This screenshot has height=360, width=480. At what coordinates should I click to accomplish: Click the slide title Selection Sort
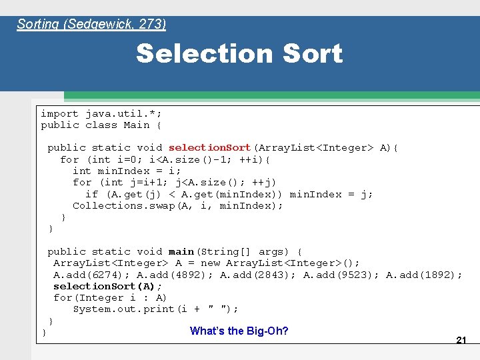pyautogui.click(x=239, y=54)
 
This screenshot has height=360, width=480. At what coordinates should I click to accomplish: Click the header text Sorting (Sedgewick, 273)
pyautogui.click(x=91, y=25)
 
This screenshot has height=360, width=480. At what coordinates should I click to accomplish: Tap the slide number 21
pyautogui.click(x=461, y=340)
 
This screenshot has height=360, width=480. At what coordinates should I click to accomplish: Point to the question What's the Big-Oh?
pyautogui.click(x=239, y=331)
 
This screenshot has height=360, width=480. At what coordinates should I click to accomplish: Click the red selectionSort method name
pyautogui.click(x=209, y=147)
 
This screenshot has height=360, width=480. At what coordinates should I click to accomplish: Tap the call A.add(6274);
pyautogui.click(x=92, y=275)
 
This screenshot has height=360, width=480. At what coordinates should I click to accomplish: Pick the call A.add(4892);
pyautogui.click(x=175, y=275)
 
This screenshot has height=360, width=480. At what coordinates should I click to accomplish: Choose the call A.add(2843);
pyautogui.click(x=259, y=275)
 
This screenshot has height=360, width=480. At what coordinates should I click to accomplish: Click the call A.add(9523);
pyautogui.click(x=341, y=275)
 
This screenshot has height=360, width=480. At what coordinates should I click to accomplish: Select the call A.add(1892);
pyautogui.click(x=424, y=275)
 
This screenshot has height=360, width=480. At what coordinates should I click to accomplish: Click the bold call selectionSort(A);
pyautogui.click(x=107, y=286)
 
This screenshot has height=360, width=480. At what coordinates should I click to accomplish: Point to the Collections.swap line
pyautogui.click(x=177, y=205)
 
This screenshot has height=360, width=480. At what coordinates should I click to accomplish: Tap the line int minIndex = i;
pyautogui.click(x=127, y=171)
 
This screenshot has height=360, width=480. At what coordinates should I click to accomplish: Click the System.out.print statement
pyautogui.click(x=155, y=309)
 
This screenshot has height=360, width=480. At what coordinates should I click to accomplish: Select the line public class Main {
pyautogui.click(x=101, y=125)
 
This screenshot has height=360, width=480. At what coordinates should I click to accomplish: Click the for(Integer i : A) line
pyautogui.click(x=110, y=297)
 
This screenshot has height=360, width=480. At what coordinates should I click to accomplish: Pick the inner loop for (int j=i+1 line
pyautogui.click(x=175, y=182)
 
